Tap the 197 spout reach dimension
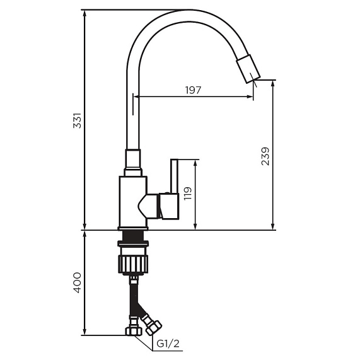[x=193, y=90]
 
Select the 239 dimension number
[x=265, y=156]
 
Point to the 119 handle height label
[x=187, y=194]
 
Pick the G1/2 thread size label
[x=169, y=344]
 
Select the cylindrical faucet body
[x=132, y=200]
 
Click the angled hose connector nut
[x=153, y=325]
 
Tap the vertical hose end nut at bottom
[x=133, y=330]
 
